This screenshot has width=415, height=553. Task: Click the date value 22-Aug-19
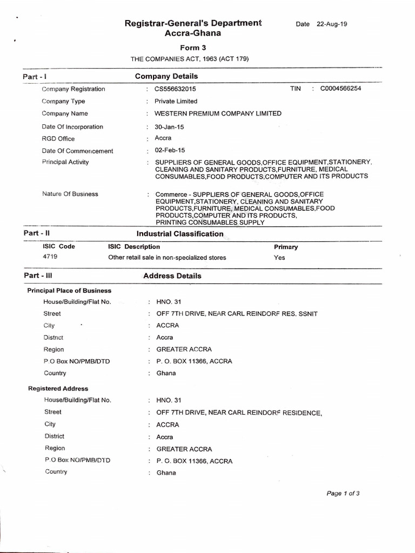click(332, 24)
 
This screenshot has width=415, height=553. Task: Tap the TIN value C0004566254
click(340, 89)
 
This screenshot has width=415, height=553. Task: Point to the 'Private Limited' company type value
click(176, 101)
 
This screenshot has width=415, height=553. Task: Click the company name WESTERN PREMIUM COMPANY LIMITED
click(218, 113)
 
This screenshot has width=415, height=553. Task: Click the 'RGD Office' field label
click(58, 139)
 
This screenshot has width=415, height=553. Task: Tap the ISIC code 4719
click(50, 257)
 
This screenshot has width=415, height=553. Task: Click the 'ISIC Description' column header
click(134, 247)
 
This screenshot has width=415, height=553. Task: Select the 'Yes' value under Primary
click(279, 258)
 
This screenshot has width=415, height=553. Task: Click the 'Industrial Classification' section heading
click(180, 234)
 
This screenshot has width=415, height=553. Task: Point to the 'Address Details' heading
click(172, 276)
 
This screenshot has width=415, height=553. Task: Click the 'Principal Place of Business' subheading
click(69, 291)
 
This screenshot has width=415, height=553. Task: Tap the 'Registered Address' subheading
click(58, 388)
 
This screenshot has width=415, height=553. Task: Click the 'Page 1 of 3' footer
click(343, 493)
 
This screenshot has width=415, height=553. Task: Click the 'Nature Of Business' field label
click(70, 194)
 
